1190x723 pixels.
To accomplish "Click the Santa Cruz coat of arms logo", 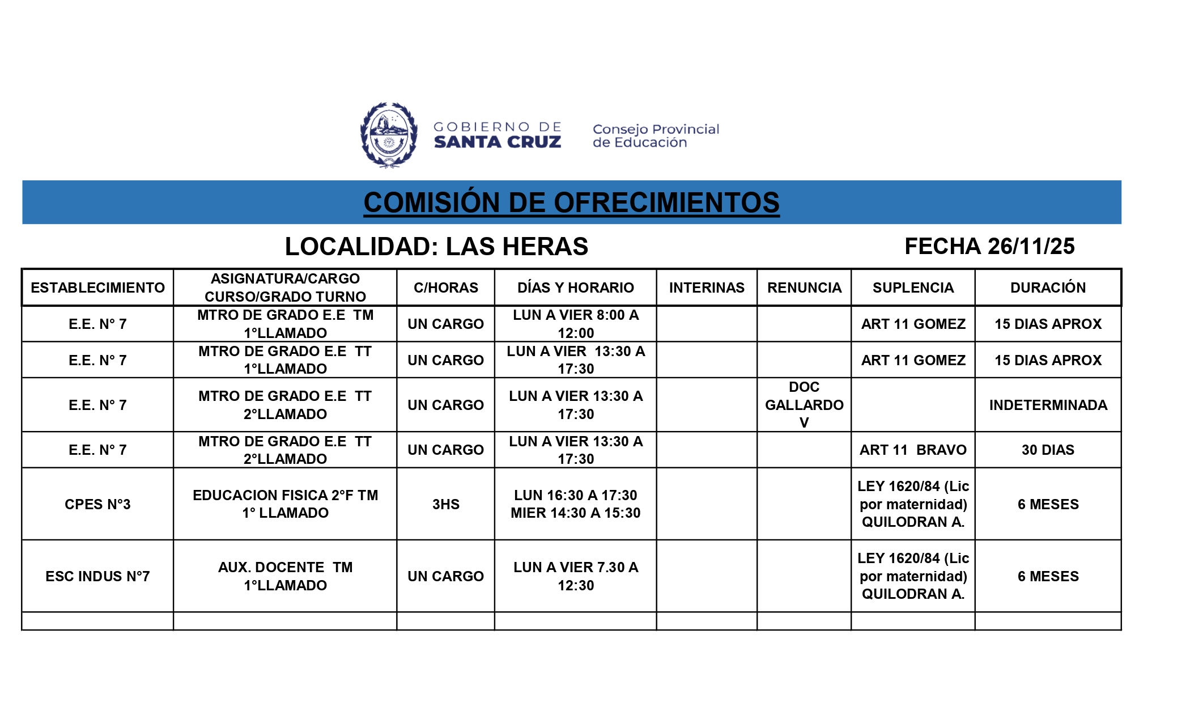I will (389, 135).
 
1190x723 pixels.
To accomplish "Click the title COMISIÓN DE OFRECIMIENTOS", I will (571, 202).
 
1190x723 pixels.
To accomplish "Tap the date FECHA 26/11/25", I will (989, 246).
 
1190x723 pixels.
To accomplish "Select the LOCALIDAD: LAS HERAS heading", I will (436, 247).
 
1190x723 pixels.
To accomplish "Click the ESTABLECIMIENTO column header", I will (97, 287).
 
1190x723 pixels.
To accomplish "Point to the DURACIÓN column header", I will (1048, 287).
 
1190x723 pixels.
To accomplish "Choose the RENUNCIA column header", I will (804, 287).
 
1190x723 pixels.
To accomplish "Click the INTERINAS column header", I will (707, 287).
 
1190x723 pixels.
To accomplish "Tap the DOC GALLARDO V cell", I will (804, 405).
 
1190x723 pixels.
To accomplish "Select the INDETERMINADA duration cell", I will (1048, 405).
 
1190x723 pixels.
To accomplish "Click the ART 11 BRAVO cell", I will (913, 450).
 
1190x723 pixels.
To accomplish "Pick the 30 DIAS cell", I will (1048, 450).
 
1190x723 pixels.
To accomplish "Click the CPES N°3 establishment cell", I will (97, 504).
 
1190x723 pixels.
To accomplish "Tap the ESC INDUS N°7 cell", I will (97, 576).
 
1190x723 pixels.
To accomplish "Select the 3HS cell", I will (445, 504).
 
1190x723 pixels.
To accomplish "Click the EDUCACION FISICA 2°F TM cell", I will (285, 504).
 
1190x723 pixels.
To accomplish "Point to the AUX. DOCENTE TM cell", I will (285, 576).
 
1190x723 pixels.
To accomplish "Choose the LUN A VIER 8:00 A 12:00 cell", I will (576, 324).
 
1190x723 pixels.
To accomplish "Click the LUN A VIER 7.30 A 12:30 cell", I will (576, 576).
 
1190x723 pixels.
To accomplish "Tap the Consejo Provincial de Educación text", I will (656, 136).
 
